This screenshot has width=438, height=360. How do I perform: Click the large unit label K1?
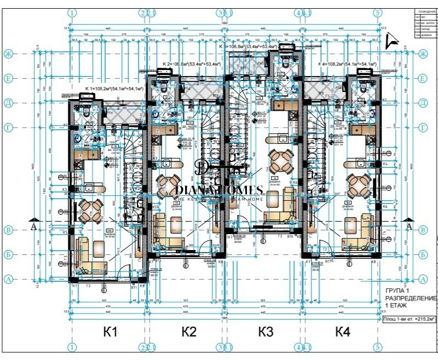click(x=111, y=331)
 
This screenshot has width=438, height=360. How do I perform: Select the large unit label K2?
click(x=189, y=331)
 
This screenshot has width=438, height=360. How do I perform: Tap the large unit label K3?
click(x=266, y=331)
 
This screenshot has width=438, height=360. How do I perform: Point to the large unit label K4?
click(x=343, y=331)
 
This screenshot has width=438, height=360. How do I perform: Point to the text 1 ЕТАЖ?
click(x=397, y=305)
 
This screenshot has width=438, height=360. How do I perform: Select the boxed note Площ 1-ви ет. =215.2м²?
click(x=409, y=317)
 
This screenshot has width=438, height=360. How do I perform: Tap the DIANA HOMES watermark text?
click(x=219, y=190)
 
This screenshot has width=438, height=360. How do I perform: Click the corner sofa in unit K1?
click(x=88, y=257)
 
